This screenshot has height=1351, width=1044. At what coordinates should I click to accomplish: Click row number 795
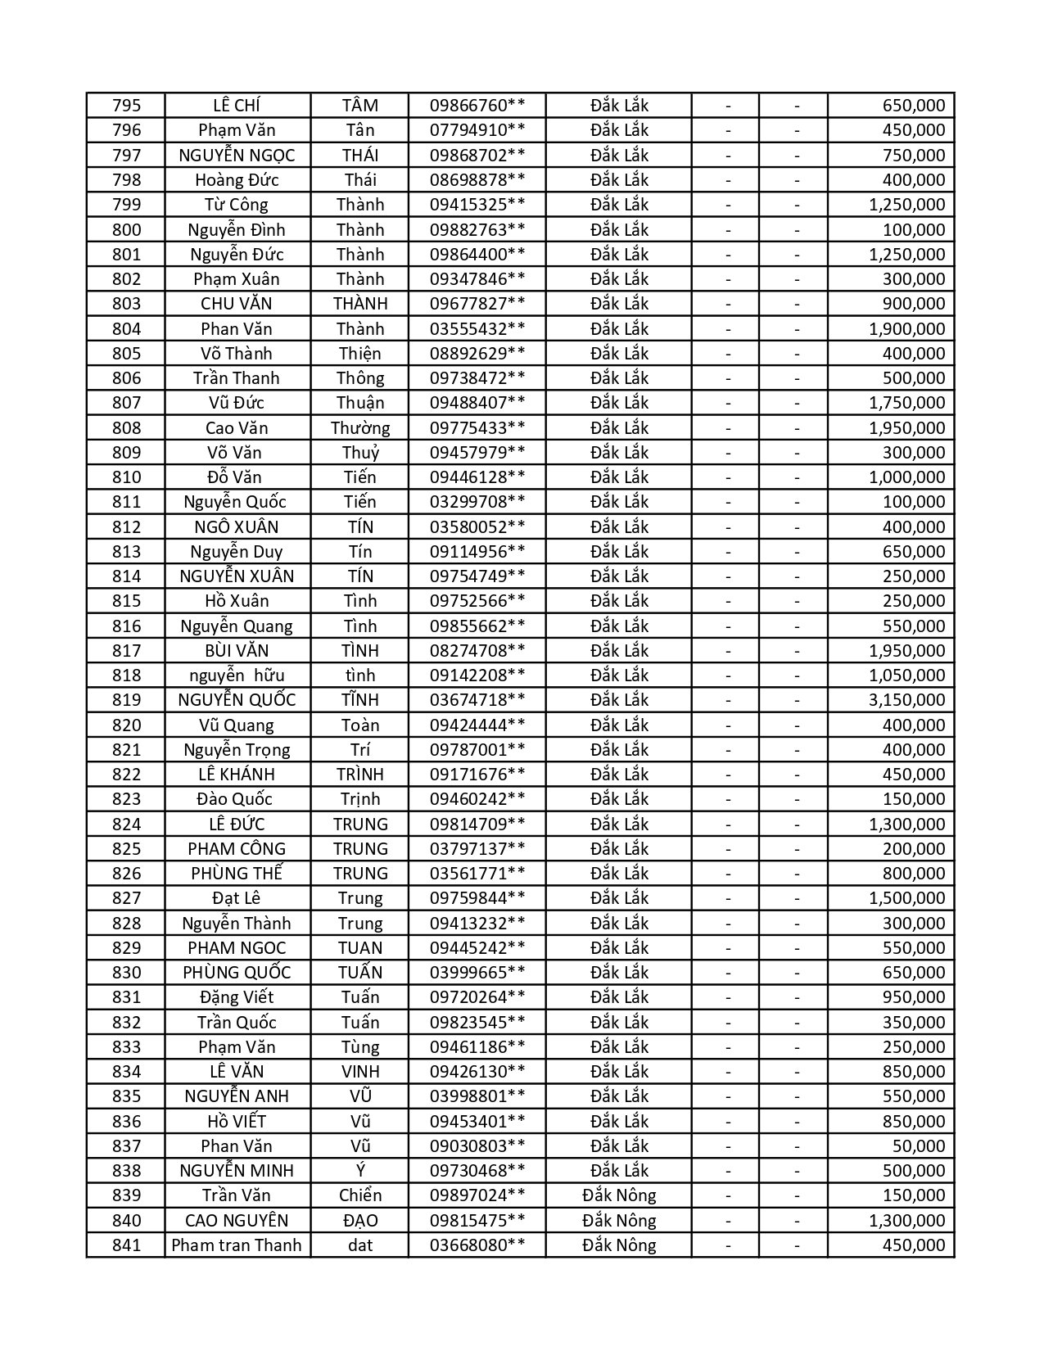click(126, 106)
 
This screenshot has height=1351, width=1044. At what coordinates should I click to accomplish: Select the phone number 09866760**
click(477, 106)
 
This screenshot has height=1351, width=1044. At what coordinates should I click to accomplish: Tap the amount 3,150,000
click(906, 700)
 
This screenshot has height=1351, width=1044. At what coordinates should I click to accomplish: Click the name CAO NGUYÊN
click(237, 1221)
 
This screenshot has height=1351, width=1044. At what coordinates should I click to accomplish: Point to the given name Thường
click(360, 428)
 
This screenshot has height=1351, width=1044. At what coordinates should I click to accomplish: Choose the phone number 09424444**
click(477, 725)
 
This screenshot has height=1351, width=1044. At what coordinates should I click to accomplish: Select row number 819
click(126, 700)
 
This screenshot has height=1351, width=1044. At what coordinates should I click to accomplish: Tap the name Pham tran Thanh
click(237, 1245)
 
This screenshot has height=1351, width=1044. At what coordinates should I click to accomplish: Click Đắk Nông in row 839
click(619, 1195)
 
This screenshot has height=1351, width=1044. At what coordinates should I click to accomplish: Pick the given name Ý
click(360, 1171)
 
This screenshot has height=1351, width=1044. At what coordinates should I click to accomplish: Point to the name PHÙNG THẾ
click(237, 874)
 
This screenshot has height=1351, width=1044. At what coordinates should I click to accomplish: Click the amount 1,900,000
click(906, 329)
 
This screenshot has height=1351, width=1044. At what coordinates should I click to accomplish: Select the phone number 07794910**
click(477, 130)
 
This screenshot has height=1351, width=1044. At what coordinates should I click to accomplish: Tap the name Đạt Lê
click(237, 898)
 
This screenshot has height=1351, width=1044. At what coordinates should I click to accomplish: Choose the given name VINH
click(360, 1072)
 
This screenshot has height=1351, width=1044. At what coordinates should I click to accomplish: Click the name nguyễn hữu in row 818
click(237, 675)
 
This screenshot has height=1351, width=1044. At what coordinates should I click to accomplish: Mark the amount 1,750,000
click(906, 403)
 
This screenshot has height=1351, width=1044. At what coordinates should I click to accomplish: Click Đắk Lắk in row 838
click(619, 1171)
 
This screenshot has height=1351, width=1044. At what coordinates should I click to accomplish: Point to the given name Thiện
click(360, 354)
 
